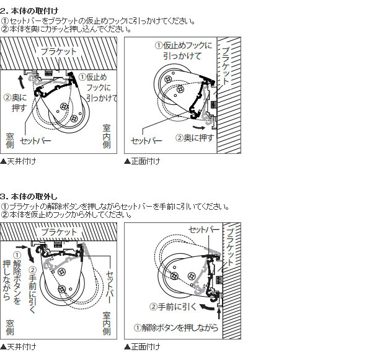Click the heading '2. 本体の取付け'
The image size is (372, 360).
29,11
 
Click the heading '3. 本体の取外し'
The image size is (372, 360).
29,197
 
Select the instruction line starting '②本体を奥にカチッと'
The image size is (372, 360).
66,29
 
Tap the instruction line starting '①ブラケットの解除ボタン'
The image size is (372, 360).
115,207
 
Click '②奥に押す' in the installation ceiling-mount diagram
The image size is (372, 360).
15,102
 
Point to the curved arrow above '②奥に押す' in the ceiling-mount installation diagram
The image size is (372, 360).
21,82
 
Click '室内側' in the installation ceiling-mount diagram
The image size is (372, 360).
107,137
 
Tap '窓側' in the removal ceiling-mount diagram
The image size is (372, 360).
10,327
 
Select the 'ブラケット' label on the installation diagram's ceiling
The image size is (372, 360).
59,52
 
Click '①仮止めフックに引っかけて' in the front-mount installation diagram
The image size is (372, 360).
184,50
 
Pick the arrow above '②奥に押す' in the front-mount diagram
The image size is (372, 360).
198,127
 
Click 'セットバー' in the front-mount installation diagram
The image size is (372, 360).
146,141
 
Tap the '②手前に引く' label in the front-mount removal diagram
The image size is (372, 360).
173,307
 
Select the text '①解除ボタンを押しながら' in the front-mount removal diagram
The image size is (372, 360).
176,328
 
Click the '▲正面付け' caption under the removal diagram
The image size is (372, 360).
142,347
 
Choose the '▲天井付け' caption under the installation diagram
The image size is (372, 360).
18,161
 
